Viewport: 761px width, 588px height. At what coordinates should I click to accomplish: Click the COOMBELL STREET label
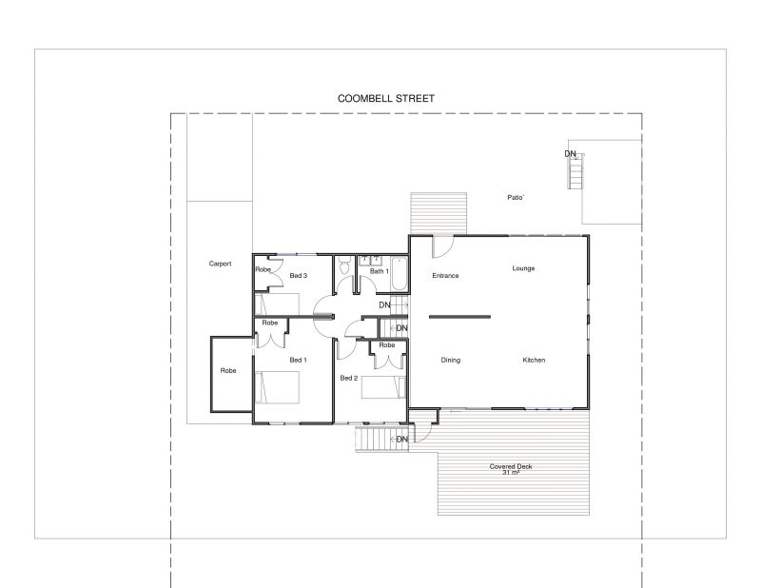pyautogui.click(x=386, y=99)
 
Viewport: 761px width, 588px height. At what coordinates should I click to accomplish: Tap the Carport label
pyautogui.click(x=220, y=264)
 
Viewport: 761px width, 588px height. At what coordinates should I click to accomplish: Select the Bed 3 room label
pyautogui.click(x=298, y=275)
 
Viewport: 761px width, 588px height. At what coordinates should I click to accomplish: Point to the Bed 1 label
pyautogui.click(x=298, y=360)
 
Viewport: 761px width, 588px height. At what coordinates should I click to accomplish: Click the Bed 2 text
pyautogui.click(x=349, y=378)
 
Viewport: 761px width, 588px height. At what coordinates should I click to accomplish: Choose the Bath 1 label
pyautogui.click(x=379, y=271)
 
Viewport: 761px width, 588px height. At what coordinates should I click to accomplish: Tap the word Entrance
pyautogui.click(x=445, y=275)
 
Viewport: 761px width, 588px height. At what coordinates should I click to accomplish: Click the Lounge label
pyautogui.click(x=523, y=268)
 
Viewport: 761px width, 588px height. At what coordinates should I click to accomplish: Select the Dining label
pyautogui.click(x=450, y=360)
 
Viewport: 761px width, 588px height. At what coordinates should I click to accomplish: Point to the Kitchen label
pyautogui.click(x=534, y=360)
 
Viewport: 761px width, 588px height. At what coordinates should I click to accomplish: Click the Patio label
pyautogui.click(x=515, y=198)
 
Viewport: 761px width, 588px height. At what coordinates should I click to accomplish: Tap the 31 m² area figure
pyautogui.click(x=511, y=473)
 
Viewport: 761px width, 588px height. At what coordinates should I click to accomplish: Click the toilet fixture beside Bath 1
pyautogui.click(x=344, y=265)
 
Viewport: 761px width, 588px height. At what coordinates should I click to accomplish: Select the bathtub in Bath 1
pyautogui.click(x=399, y=273)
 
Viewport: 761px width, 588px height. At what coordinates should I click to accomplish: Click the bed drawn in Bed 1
pyautogui.click(x=277, y=387)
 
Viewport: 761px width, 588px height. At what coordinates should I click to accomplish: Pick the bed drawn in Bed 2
pyautogui.click(x=383, y=387)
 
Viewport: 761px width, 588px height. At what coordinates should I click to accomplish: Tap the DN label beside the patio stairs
pyautogui.click(x=570, y=154)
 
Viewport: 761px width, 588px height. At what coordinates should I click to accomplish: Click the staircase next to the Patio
pyautogui.click(x=576, y=171)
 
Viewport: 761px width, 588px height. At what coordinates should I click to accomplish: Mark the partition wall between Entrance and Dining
pyautogui.click(x=459, y=317)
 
